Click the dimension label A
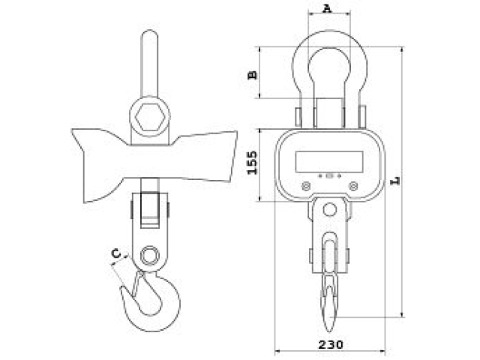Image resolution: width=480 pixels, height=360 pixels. [x=327, y=8]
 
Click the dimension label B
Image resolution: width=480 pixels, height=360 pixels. [x=253, y=74]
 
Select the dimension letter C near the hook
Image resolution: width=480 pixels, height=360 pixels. [x=116, y=253]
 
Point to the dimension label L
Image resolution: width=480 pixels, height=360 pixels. [x=395, y=181]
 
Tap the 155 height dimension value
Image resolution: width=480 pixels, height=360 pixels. [x=253, y=163]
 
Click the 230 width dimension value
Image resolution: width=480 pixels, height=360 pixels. [x=331, y=345]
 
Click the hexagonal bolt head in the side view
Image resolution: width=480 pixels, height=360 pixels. [x=150, y=117]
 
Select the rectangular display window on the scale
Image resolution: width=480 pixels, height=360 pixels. [x=329, y=161]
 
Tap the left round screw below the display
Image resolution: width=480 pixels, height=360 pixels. [x=306, y=186]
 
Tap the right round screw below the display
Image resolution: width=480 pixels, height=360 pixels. [x=353, y=186]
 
